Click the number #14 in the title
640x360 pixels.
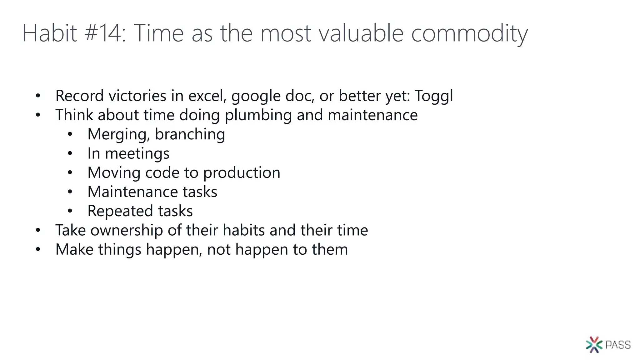103,33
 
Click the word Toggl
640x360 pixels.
434,96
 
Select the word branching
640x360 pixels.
190,134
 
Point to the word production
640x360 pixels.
242,173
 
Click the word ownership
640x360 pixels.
127,231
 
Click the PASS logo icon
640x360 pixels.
594,345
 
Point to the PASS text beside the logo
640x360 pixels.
618,345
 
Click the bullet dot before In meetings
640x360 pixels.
70,153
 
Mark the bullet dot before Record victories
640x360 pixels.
38,96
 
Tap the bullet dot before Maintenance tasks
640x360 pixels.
70,192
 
